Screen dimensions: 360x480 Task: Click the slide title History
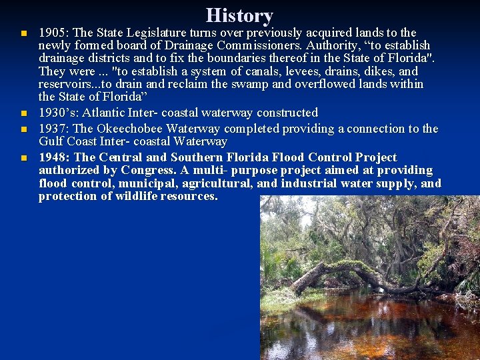tap(239, 15)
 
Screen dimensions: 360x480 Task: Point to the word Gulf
tap(51, 141)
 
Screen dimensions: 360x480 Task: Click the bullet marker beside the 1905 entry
tap(23, 33)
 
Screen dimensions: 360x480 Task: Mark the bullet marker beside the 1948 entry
tap(23, 158)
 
